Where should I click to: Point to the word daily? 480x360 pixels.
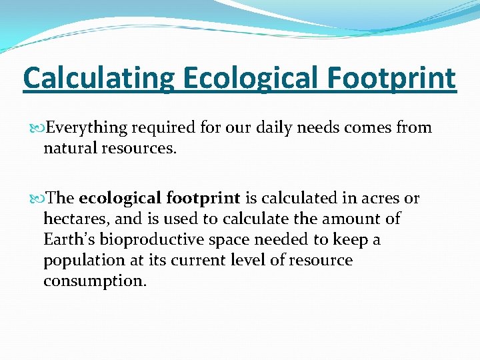(x=273, y=128)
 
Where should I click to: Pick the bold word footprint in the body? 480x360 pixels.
(x=203, y=198)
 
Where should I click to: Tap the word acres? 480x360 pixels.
(x=382, y=198)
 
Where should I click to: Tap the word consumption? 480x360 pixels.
(x=95, y=281)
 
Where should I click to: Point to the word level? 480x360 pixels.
(x=250, y=260)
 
